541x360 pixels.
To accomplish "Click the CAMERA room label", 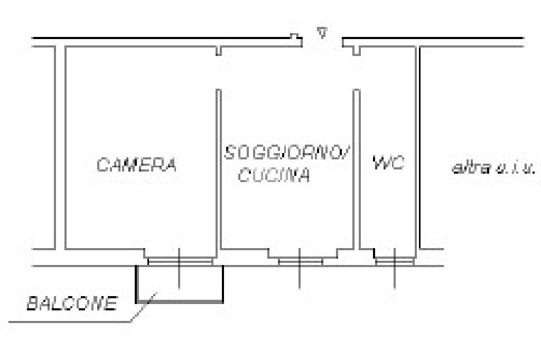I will tap(136, 165).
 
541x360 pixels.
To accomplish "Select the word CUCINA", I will tap(274, 176).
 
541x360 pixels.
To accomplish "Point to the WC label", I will tap(388, 163).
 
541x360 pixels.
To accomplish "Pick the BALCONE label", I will tap(71, 304).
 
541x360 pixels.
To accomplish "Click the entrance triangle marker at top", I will tap(321, 33).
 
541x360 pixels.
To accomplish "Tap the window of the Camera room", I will tap(180, 261).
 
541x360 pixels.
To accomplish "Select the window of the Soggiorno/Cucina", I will tap(300, 261).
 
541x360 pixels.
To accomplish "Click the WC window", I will tap(394, 260).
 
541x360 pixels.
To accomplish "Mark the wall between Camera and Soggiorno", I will tap(218, 169).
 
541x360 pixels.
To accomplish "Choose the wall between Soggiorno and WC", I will tap(357, 169).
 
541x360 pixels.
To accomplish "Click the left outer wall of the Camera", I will tap(60, 148).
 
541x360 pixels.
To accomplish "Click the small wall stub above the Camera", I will tap(218, 51).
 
